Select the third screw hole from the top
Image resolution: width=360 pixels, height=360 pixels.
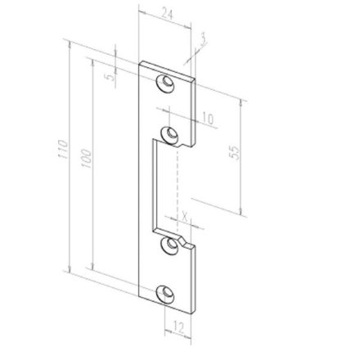click(170, 244)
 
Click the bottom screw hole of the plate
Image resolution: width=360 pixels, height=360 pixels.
click(169, 292)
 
